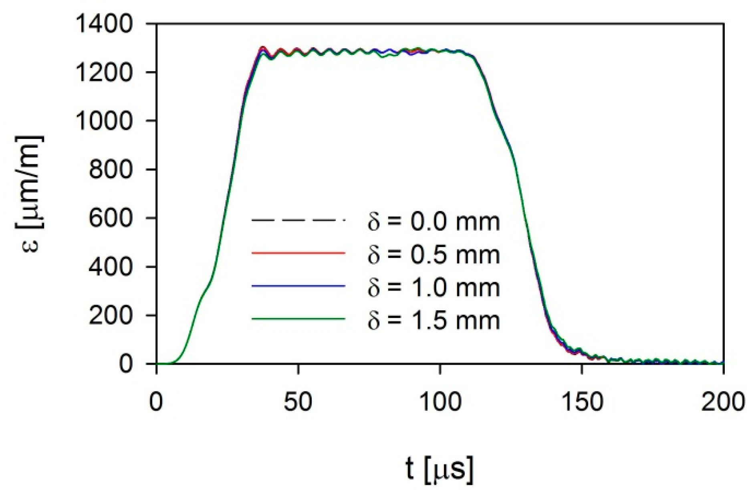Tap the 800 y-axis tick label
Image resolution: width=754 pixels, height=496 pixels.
coord(110,169)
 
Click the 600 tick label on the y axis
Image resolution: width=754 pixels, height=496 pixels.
coord(110,218)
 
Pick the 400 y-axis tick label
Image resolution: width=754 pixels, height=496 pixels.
coord(110,267)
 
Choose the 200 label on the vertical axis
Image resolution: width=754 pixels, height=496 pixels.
coord(110,315)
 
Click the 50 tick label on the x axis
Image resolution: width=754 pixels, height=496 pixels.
coord(298,402)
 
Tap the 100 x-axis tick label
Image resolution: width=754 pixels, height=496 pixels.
coord(440,402)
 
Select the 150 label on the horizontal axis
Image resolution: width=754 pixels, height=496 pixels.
coord(582,402)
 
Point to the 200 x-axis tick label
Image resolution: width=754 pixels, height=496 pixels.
coord(723,402)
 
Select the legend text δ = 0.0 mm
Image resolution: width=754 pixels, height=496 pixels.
coord(434,221)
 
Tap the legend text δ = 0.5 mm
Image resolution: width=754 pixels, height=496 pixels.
coord(434,254)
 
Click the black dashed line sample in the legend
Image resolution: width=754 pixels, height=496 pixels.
coord(298,220)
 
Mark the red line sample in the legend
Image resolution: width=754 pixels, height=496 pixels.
coord(298,253)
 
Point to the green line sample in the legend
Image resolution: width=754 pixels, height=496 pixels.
coord(298,319)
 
